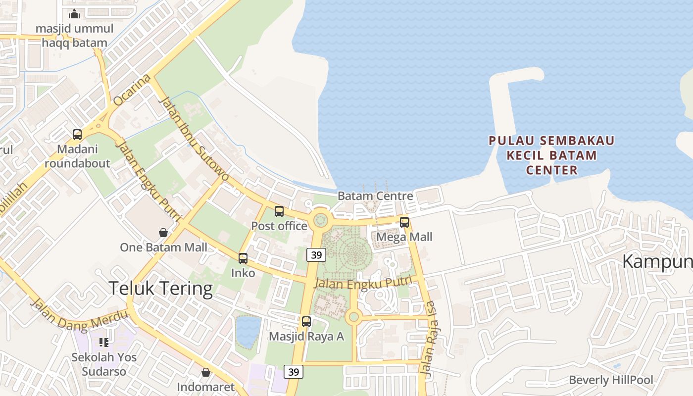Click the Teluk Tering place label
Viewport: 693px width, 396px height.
coord(160,288)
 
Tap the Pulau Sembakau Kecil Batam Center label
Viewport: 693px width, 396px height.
coord(551,155)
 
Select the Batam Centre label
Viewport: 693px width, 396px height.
coord(375,196)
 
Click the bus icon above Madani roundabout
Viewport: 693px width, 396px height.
coord(77,134)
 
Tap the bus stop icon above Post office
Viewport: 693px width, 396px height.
coord(279,211)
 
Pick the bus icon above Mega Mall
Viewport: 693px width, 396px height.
coord(404,222)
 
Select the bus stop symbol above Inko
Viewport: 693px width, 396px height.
coord(243,258)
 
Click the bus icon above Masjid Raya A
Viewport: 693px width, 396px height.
coord(306,322)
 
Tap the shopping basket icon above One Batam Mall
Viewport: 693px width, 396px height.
coord(163,232)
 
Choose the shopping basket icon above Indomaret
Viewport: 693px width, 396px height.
coord(205,372)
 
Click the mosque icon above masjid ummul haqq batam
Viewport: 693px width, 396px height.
coord(74,14)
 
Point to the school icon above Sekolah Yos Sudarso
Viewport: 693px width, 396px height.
coord(103,342)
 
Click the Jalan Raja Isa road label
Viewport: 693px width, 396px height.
coord(428,337)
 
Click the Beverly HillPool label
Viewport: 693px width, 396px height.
coord(611,380)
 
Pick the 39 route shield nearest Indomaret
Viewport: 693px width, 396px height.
coord(294,372)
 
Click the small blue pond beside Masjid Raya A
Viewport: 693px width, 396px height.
coord(248,330)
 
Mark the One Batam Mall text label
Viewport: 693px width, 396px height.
coord(163,247)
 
